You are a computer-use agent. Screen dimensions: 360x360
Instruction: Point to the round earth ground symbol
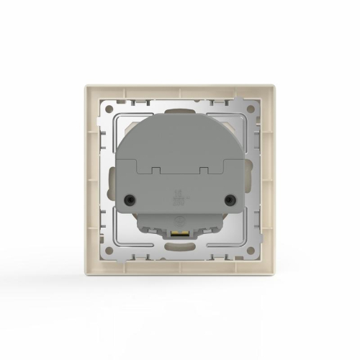click(x=180, y=221)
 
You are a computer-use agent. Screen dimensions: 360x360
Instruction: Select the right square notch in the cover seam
click(x=204, y=170)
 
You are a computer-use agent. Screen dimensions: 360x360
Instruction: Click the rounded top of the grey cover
click(x=180, y=119)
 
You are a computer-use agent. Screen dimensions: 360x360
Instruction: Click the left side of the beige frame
click(x=90, y=180)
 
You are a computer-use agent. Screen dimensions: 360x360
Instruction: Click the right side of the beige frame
click(x=270, y=180)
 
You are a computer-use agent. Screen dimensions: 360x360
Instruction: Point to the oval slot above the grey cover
click(x=180, y=109)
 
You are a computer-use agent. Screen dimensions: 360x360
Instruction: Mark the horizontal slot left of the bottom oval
click(x=148, y=251)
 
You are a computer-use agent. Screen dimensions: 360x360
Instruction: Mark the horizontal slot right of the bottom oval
click(x=212, y=251)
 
